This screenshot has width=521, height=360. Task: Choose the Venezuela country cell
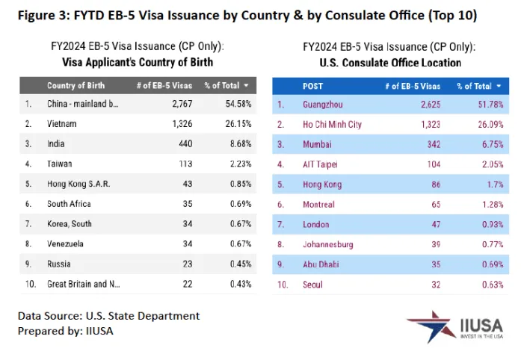click(x=66, y=243)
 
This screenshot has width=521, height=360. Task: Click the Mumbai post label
click(x=318, y=143)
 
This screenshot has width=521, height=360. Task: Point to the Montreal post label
click(x=320, y=203)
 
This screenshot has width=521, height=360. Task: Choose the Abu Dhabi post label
click(x=322, y=264)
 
